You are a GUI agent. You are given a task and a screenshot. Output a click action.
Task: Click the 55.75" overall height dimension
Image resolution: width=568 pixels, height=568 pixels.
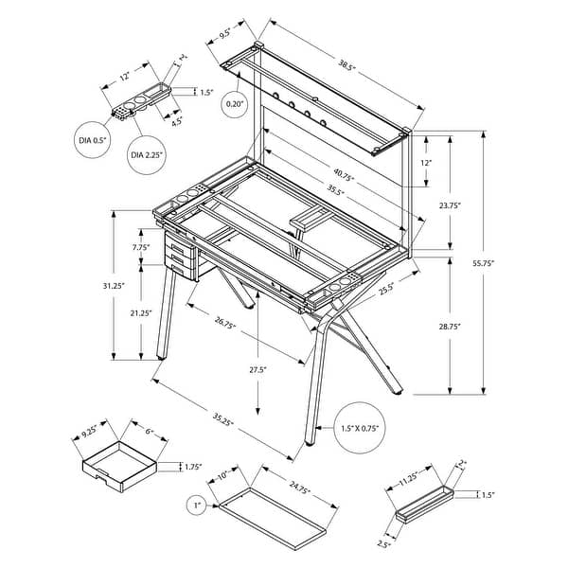(509, 263)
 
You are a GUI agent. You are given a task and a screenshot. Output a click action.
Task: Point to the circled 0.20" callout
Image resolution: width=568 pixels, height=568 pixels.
(235, 103)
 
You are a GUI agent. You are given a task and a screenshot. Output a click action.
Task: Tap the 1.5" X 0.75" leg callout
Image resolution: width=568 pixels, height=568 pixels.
(360, 429)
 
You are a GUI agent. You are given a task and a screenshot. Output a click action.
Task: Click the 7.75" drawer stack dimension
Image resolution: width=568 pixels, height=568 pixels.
(142, 247)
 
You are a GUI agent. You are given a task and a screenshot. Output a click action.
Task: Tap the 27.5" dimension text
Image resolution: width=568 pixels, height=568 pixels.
(257, 369)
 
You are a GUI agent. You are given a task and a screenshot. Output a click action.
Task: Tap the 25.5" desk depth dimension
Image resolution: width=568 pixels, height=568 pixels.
(386, 291)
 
